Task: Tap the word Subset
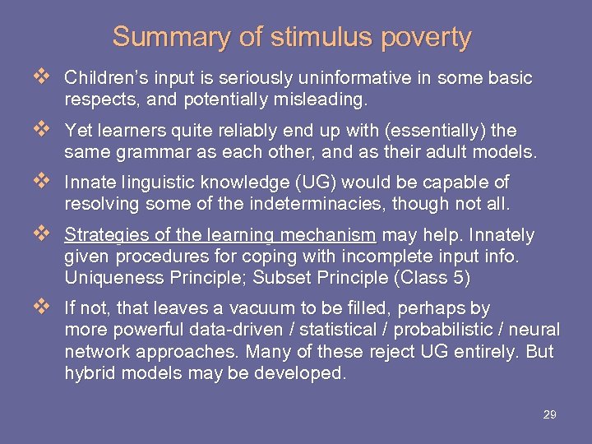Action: (280, 278)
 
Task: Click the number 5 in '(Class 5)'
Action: (457, 278)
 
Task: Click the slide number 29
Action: (549, 415)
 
